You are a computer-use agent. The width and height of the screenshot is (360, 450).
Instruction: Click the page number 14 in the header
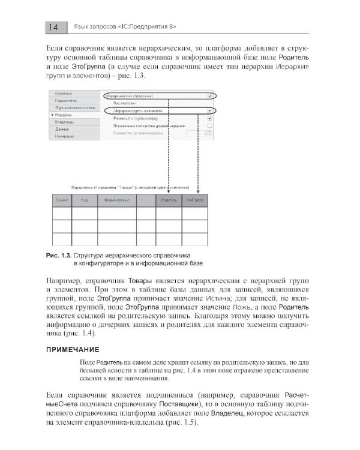[52, 27]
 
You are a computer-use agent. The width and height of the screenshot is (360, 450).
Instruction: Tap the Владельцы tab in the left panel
[64, 122]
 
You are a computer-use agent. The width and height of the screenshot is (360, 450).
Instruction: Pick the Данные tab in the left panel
[62, 129]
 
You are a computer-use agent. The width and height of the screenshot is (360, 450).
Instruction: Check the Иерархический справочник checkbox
[209, 95]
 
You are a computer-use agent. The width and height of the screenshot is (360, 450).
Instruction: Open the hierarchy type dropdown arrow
[209, 110]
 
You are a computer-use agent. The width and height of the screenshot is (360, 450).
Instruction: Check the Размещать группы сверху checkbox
[209, 118]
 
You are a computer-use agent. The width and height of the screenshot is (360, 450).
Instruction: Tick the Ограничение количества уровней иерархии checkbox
[209, 125]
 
